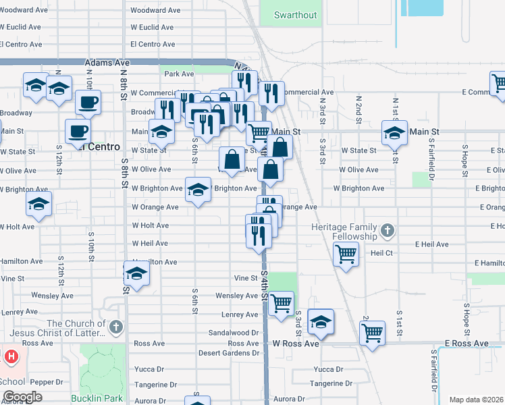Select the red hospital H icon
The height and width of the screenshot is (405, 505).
tap(11, 355)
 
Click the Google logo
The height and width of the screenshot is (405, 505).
tap(22, 397)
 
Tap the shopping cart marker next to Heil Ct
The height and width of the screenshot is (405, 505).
tap(346, 254)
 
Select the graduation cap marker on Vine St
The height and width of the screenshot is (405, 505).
tap(136, 274)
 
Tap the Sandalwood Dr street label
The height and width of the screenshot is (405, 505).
tap(234, 333)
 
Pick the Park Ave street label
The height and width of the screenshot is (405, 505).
tap(178, 74)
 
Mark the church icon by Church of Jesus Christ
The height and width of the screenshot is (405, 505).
tap(115, 327)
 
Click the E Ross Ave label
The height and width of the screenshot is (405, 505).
tap(466, 344)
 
